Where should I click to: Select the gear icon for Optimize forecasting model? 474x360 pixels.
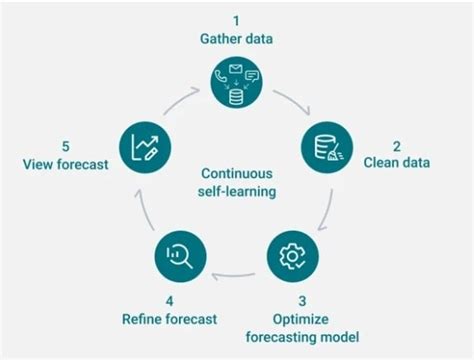(x=291, y=257)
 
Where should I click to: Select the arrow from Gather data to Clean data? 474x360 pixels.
(x=295, y=101)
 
